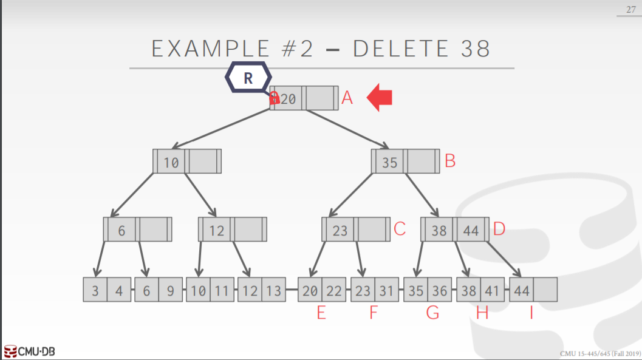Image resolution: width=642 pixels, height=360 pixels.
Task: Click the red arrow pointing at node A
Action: click(380, 98)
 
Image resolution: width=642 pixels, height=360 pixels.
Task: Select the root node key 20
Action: click(289, 98)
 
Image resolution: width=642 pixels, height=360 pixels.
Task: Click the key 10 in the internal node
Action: click(171, 161)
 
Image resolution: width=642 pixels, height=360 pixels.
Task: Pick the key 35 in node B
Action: click(389, 161)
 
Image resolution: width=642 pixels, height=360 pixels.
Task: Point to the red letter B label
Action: click(450, 161)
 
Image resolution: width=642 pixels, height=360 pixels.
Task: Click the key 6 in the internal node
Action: click(121, 230)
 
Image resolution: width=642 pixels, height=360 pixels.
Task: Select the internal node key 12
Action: click(217, 230)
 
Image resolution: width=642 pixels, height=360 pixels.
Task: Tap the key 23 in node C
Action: click(340, 230)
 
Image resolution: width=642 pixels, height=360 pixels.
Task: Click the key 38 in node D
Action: click(439, 230)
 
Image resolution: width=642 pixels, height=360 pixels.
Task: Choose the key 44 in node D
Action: click(471, 230)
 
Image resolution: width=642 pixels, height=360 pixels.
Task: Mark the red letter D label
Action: click(499, 229)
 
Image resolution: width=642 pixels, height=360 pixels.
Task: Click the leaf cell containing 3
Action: click(95, 291)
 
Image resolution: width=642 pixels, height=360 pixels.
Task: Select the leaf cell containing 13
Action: click(274, 291)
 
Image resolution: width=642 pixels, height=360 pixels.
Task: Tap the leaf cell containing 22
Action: click(333, 291)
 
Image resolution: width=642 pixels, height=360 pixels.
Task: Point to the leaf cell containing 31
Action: click(386, 291)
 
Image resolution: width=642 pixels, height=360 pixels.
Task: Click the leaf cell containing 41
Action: click(492, 291)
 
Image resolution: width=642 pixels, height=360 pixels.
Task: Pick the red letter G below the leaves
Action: click(432, 314)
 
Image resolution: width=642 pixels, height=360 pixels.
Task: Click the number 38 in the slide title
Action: click(476, 49)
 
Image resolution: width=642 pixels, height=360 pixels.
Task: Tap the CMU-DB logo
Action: click(30, 352)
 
